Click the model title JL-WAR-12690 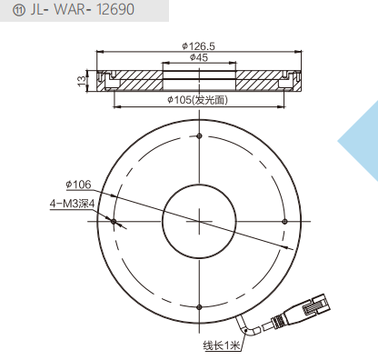(x=82, y=9)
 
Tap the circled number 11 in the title (x=18, y=10)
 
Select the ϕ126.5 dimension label (x=199, y=46)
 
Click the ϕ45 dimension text (x=199, y=57)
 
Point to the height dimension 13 (x=82, y=81)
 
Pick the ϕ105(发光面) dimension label (x=197, y=100)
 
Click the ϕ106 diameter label (x=78, y=185)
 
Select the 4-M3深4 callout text (x=72, y=204)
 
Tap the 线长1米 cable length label (x=222, y=345)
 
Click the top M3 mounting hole (x=199, y=135)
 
